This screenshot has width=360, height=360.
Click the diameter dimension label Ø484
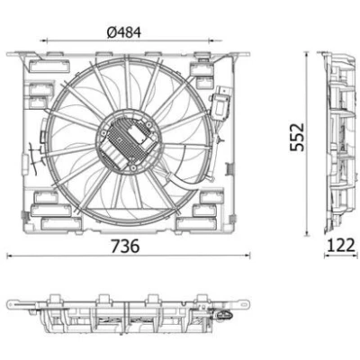(123, 32)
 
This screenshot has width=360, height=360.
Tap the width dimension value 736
(125, 246)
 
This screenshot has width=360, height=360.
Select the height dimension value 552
(297, 137)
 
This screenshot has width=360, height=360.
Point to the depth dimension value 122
(341, 246)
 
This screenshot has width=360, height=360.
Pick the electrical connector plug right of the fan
(221, 103)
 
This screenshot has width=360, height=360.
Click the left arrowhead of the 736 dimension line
(9, 256)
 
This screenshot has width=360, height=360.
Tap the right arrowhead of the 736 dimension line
(247, 256)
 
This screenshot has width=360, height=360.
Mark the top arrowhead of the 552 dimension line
(307, 54)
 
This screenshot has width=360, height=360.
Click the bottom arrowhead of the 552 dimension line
(307, 233)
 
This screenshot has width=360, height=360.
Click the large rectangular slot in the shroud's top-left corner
(49, 67)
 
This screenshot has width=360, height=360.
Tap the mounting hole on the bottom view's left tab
(12, 304)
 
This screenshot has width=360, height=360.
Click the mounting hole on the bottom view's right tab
(246, 303)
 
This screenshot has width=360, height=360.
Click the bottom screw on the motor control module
(132, 167)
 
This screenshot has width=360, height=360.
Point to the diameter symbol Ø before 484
(112, 32)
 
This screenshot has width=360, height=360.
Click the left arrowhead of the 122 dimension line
(327, 256)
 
